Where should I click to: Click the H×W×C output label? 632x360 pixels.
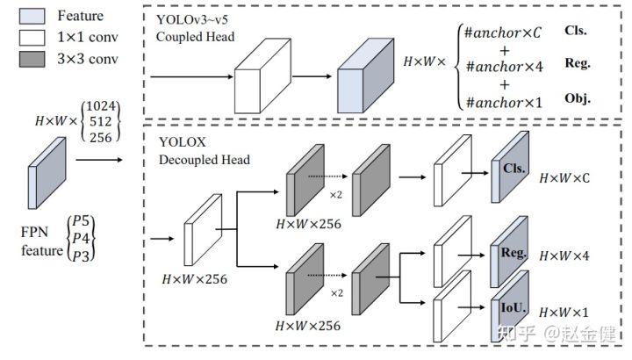[565, 177]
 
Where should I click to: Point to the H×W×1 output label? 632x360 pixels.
[564, 312]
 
